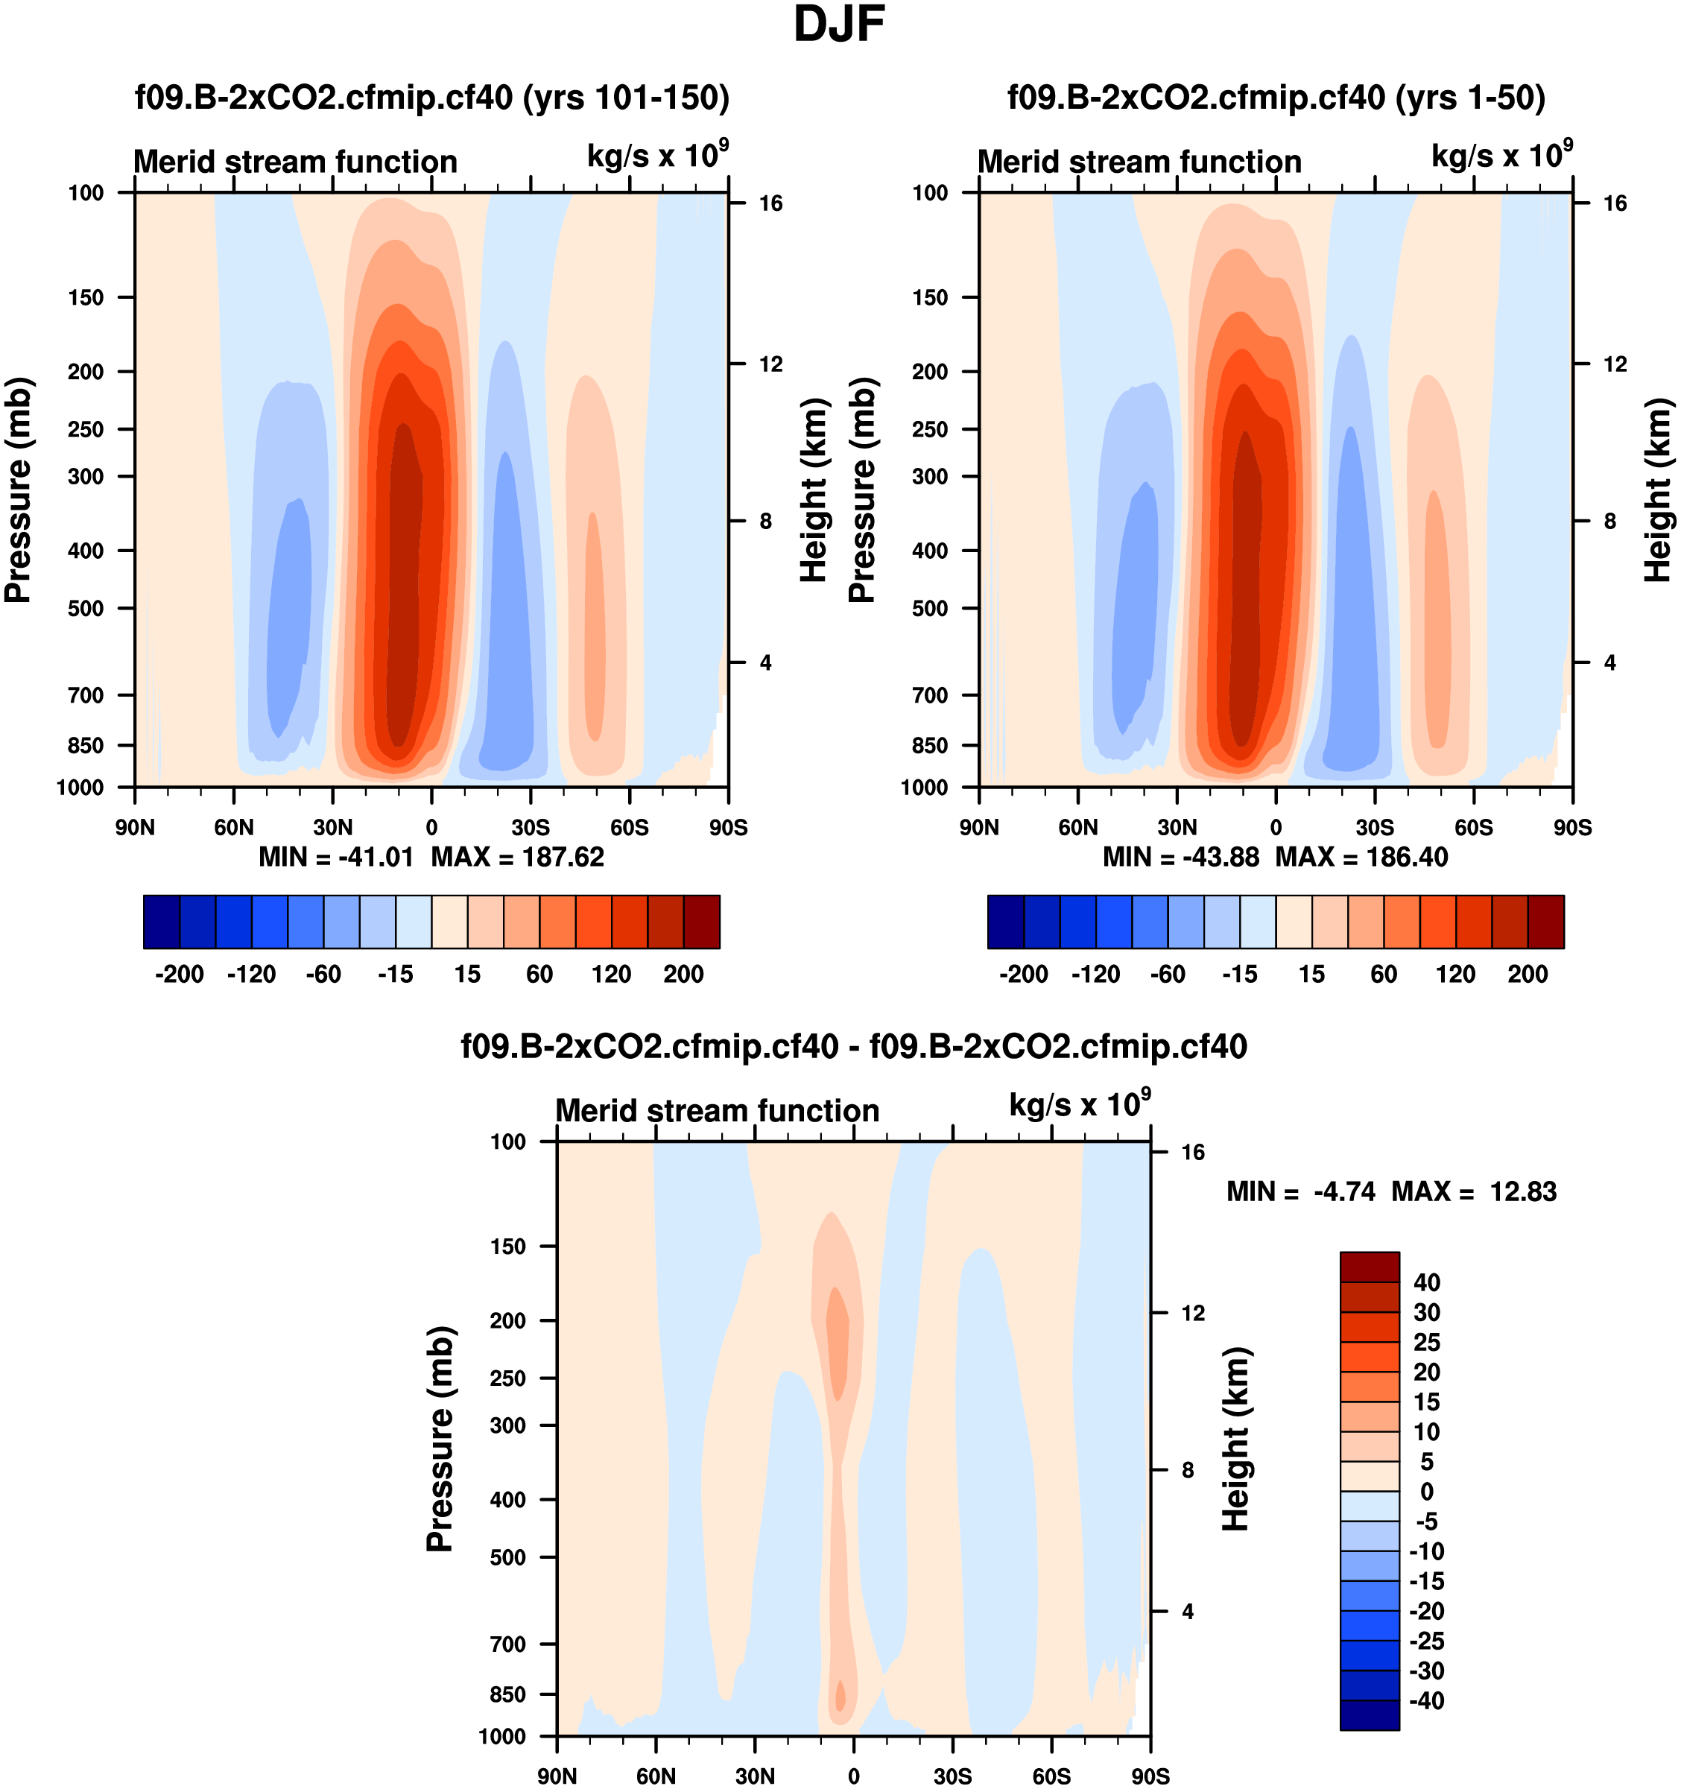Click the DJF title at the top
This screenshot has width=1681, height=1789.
(x=839, y=25)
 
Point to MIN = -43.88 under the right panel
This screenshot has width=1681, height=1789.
(x=1181, y=857)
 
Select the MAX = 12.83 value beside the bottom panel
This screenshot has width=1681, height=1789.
(x=1474, y=1191)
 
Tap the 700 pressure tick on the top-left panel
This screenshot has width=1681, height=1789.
(x=86, y=694)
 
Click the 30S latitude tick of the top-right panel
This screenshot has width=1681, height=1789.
(x=1375, y=827)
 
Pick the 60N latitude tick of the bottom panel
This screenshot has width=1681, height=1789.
(x=656, y=1776)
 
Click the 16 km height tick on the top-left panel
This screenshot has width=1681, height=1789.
(x=770, y=203)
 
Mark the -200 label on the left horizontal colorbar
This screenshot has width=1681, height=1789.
(x=179, y=974)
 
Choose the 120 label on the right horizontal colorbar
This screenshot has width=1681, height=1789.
(x=1456, y=974)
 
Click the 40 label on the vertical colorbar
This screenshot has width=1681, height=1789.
(x=1427, y=1282)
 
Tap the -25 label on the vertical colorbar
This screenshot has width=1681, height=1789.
(x=1425, y=1641)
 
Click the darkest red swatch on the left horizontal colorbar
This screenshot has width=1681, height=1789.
(x=702, y=922)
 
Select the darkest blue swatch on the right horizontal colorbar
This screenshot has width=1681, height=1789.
(x=1006, y=922)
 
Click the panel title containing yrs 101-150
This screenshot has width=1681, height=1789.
(x=432, y=97)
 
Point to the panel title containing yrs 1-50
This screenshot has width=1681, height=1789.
(x=1276, y=97)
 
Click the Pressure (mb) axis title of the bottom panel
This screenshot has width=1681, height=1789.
(x=439, y=1438)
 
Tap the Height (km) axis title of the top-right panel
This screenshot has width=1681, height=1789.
(x=1658, y=490)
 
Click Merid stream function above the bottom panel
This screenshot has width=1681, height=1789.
(x=718, y=1110)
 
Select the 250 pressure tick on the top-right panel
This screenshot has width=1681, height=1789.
(x=931, y=429)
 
